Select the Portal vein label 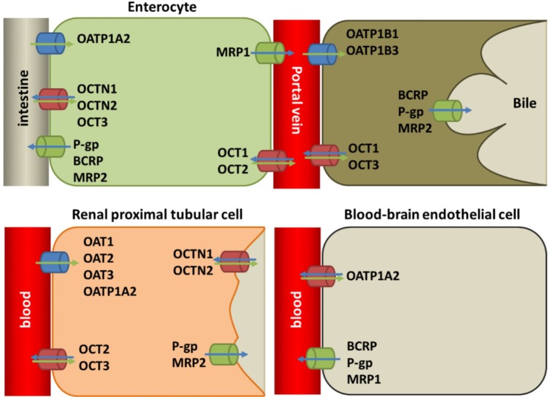coord(296,101)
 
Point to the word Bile coord(523,104)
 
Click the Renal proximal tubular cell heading coord(157,215)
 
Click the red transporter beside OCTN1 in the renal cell coord(234,261)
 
